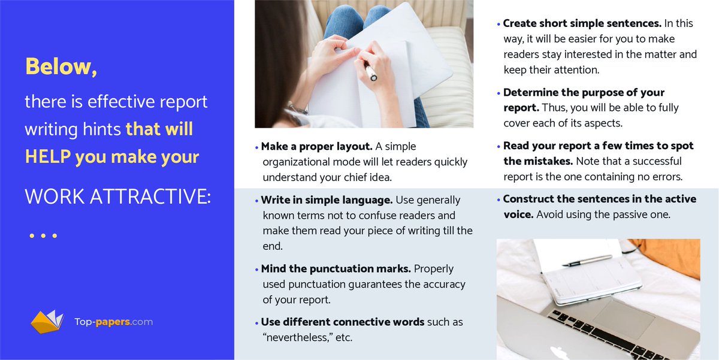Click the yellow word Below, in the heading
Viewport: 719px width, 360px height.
click(61, 67)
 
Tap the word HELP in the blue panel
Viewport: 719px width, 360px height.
click(47, 157)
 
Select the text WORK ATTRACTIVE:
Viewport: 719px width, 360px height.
click(117, 196)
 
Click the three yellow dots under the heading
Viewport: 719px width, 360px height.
click(43, 236)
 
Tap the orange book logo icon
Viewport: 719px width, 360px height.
click(47, 322)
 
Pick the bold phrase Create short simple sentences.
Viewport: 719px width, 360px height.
click(582, 24)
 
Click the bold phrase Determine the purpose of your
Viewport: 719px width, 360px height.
click(584, 93)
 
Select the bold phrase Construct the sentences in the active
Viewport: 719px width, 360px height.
click(599, 199)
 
